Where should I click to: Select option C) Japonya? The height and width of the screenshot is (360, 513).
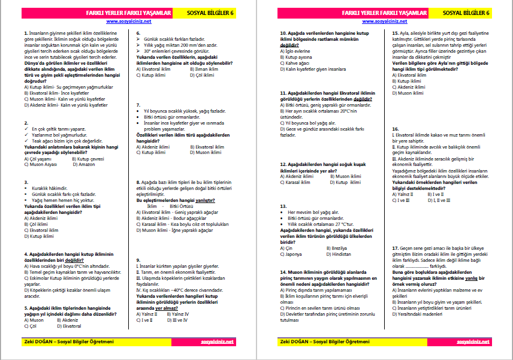click(294, 253)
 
